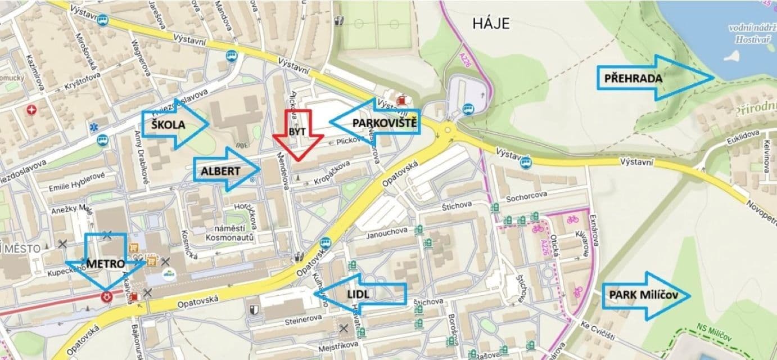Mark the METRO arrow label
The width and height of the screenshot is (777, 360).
105,263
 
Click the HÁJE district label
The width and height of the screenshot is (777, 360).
490,24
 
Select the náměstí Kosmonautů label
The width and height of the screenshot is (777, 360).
232,233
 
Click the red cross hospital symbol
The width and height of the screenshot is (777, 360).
33,109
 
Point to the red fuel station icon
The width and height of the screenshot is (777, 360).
401,100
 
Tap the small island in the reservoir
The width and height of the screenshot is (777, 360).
731,56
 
